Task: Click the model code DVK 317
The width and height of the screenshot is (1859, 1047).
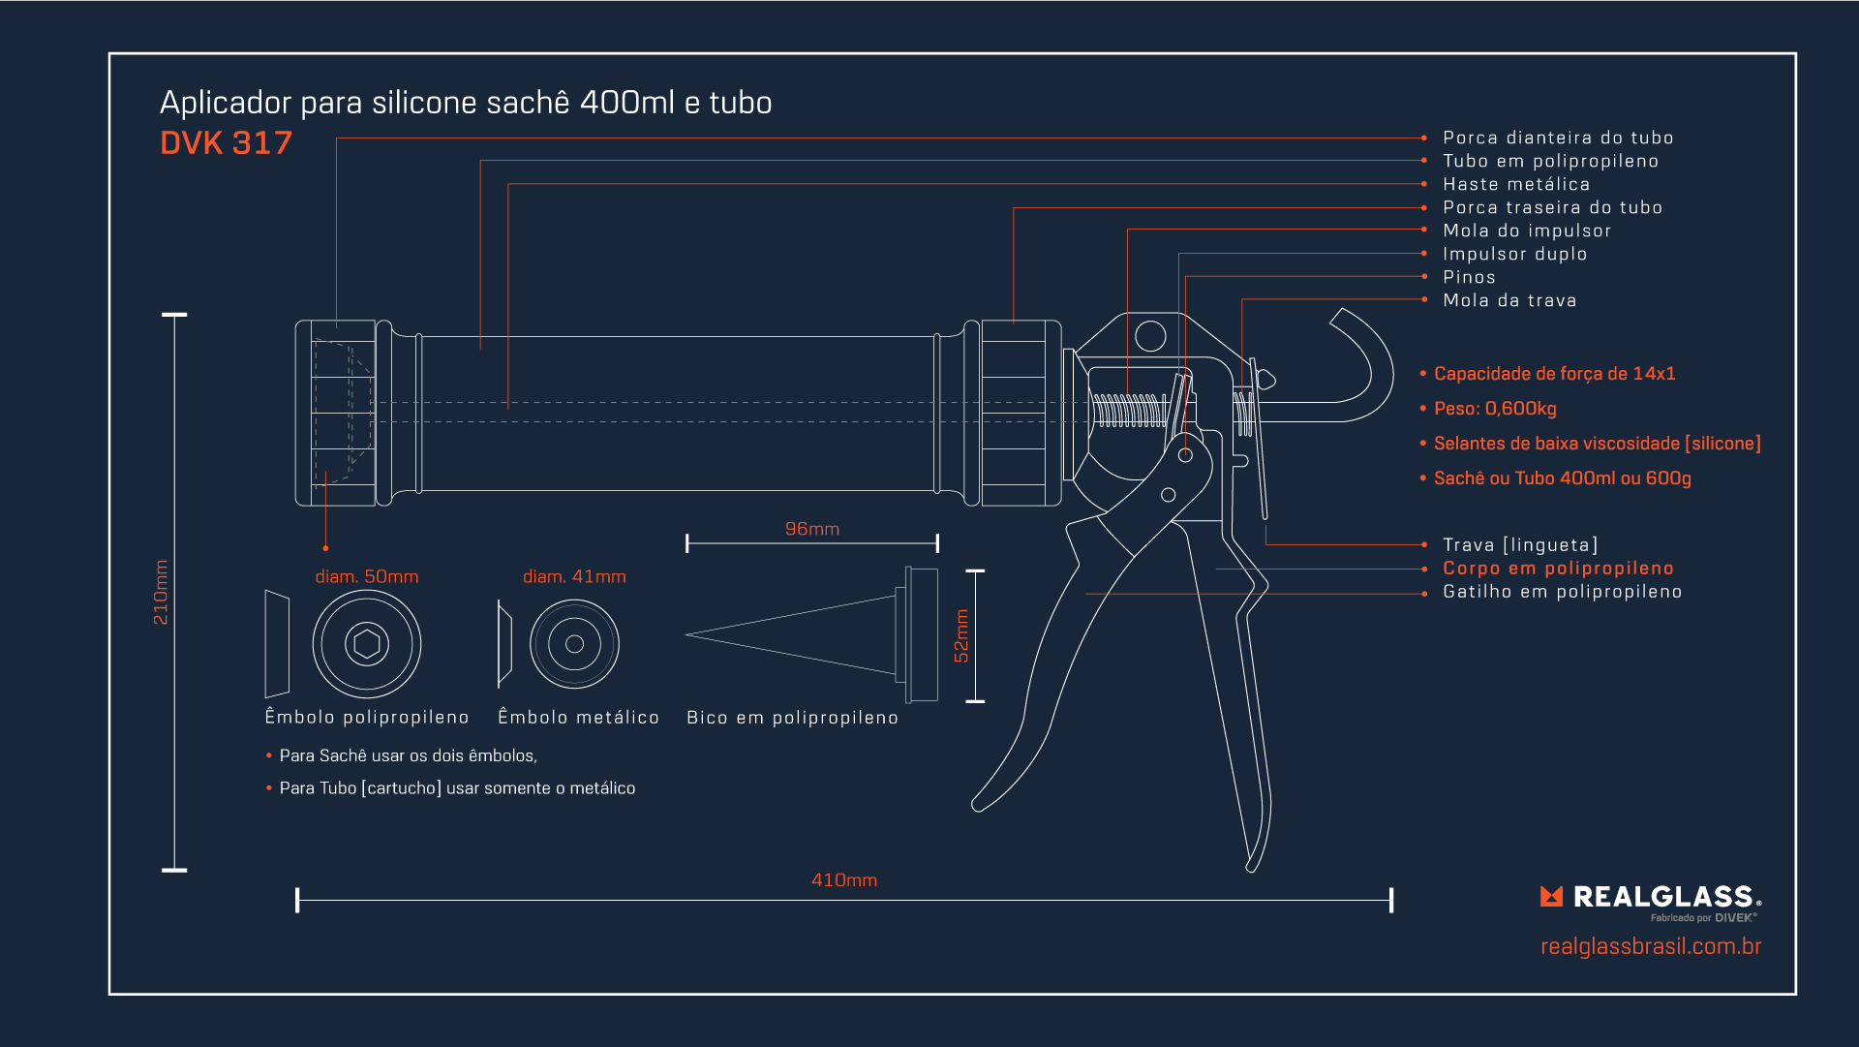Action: (x=226, y=143)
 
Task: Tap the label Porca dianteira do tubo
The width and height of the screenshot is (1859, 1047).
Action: (x=1557, y=138)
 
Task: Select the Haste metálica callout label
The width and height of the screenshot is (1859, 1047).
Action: (x=1515, y=184)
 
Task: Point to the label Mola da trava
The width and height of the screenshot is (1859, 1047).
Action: (x=1509, y=300)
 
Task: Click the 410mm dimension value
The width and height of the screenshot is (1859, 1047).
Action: (x=843, y=880)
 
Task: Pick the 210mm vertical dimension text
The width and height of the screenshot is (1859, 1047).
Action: (x=161, y=592)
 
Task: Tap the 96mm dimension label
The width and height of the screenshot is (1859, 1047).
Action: (x=811, y=529)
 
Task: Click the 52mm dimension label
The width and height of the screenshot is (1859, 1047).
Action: (x=960, y=635)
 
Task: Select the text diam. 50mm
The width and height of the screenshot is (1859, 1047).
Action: (x=366, y=576)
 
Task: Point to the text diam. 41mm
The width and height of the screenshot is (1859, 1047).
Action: (x=574, y=576)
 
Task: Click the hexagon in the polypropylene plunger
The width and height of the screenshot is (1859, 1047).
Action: (x=367, y=644)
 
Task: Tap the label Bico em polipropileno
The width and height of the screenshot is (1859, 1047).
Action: (x=792, y=718)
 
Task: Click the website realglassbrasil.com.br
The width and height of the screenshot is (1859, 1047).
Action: (x=1650, y=946)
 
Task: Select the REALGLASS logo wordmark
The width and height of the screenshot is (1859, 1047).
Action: (x=1661, y=897)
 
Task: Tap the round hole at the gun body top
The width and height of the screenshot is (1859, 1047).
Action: (x=1150, y=336)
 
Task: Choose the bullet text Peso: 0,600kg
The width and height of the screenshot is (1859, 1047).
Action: (x=1494, y=409)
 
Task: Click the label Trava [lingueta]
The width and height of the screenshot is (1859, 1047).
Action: (x=1519, y=545)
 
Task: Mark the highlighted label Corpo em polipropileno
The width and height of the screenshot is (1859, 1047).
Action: (x=1557, y=569)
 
